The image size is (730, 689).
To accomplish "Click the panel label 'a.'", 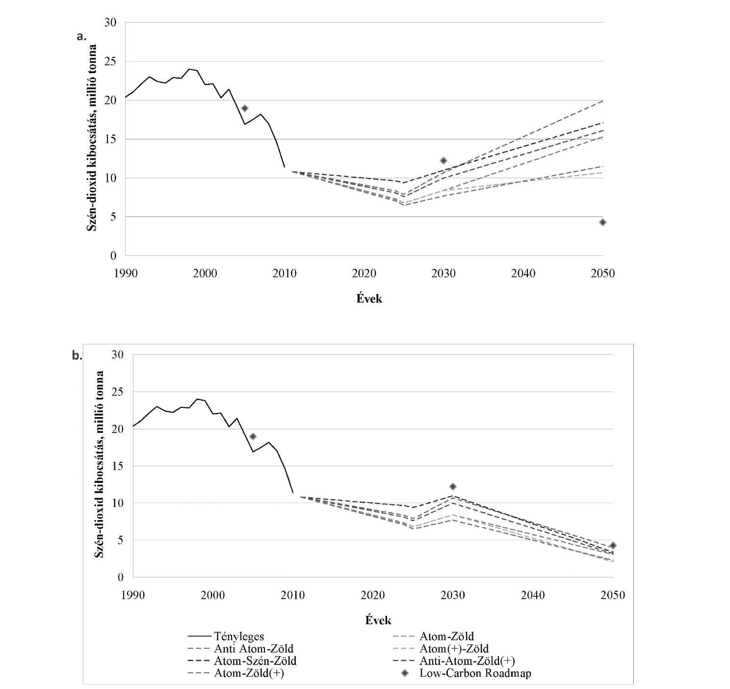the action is click(81, 37).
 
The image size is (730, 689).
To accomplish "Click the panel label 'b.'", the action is click(77, 356).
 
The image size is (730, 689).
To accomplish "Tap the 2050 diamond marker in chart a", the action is click(602, 222).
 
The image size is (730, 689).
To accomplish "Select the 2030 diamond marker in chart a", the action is click(443, 160).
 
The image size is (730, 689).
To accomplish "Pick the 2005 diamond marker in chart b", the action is click(253, 436).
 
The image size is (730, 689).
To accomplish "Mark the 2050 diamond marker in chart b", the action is click(613, 545).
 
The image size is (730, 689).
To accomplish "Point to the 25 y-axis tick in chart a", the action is click(110, 61).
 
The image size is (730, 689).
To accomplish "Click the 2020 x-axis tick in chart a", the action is click(364, 274).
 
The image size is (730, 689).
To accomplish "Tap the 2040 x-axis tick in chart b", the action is click(533, 595).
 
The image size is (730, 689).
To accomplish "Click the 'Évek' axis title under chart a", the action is click(369, 298).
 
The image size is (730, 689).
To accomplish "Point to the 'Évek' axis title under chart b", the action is click(378, 620).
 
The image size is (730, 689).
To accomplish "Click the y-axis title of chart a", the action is click(92, 138).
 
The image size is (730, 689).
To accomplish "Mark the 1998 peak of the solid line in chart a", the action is click(189, 69).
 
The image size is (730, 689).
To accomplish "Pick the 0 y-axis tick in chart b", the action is click(121, 577).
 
